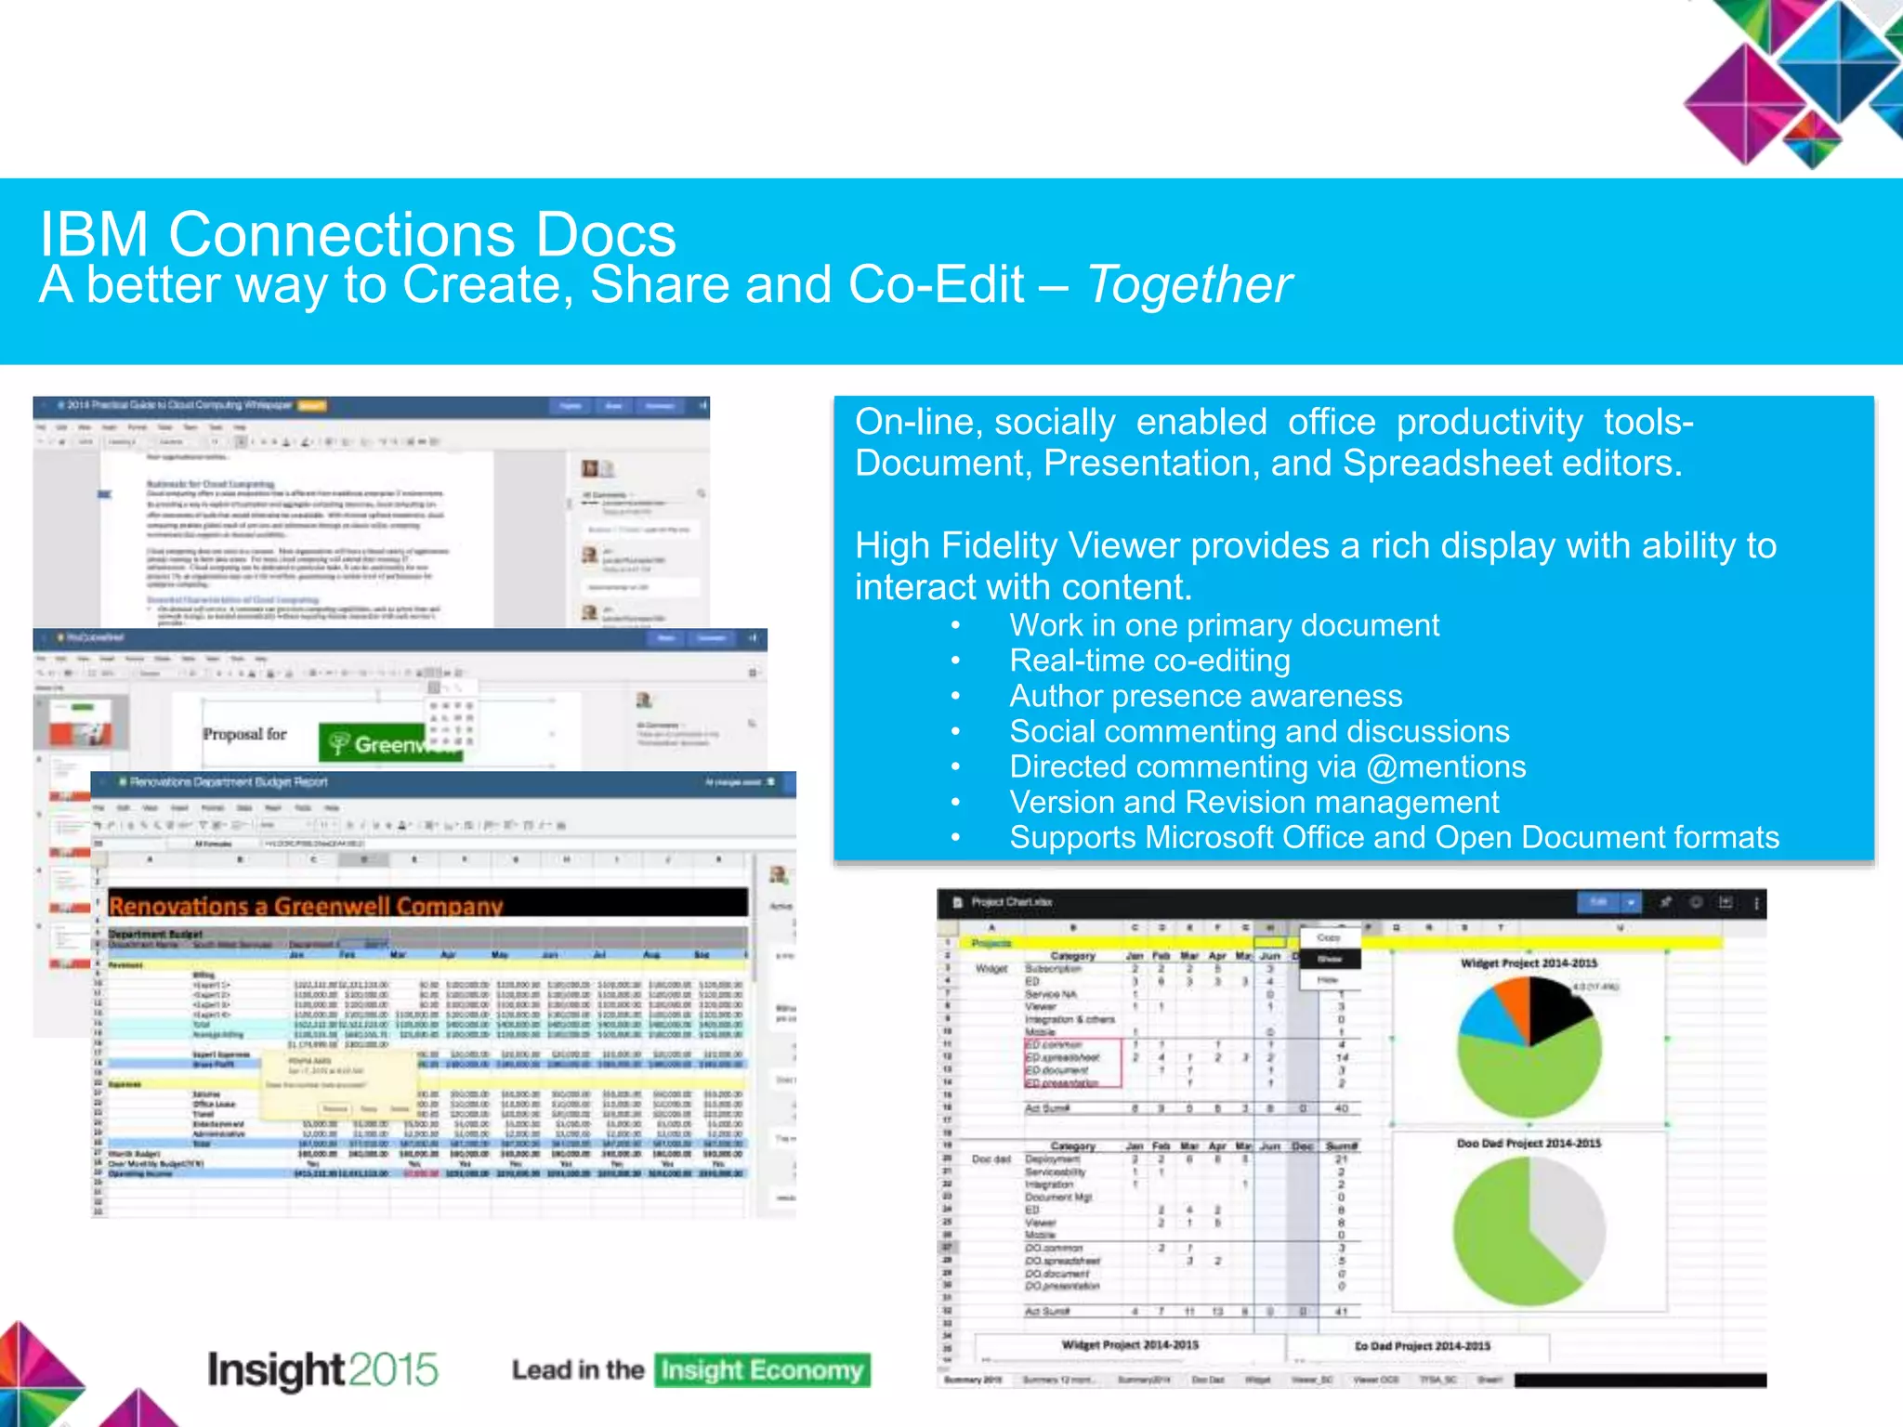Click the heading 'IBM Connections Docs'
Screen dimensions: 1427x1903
coord(358,233)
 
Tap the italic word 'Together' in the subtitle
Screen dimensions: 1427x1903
coord(1188,284)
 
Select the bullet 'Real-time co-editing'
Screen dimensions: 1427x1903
coord(1149,661)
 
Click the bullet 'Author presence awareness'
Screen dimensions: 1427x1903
coord(1205,696)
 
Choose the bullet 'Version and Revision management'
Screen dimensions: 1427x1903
coord(1253,802)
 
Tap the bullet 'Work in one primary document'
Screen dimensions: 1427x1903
coord(1224,625)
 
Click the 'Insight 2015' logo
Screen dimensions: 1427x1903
coord(322,1369)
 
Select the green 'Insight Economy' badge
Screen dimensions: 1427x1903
coord(762,1370)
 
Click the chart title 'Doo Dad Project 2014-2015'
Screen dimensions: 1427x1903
coord(1529,1144)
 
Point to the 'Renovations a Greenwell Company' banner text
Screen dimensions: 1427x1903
coord(306,906)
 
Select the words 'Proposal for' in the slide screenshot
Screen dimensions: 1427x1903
coord(244,734)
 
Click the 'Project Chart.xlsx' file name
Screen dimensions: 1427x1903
coord(1011,902)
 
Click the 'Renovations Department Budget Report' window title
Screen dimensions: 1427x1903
coord(228,782)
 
